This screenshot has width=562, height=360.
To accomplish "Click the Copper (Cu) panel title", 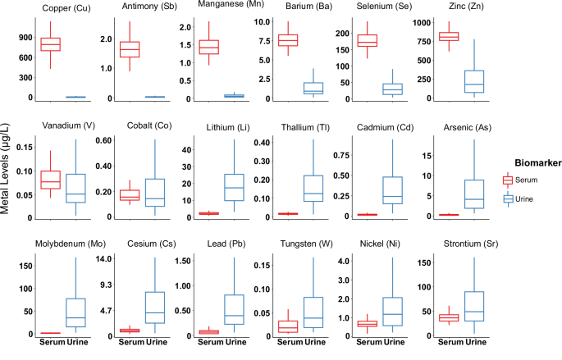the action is [x=66, y=8].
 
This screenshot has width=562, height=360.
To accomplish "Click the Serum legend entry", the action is [x=526, y=180].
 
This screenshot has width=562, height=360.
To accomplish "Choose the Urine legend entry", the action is [x=523, y=198].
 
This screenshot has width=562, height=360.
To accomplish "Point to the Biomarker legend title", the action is [x=538, y=163].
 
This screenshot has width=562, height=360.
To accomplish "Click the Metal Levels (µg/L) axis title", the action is [x=5, y=169].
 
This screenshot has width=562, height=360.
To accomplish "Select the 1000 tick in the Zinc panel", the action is [x=422, y=23].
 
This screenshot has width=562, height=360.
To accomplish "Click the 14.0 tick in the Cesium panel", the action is [x=104, y=258].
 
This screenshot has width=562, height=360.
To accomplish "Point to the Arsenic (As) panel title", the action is [x=468, y=128].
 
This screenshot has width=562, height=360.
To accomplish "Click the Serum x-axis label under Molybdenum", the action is [x=53, y=342].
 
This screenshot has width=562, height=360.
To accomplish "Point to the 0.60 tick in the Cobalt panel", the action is [x=103, y=140].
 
